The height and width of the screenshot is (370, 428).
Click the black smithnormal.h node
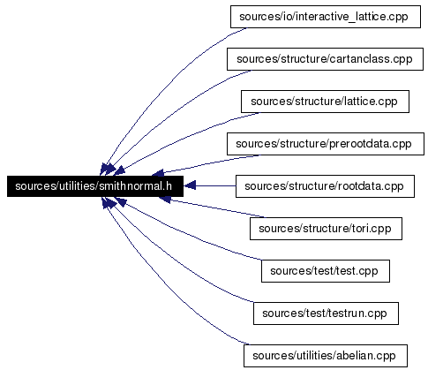[x=95, y=186]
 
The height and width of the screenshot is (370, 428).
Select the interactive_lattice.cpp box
[x=326, y=17]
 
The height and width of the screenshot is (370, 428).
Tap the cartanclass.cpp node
[x=325, y=59]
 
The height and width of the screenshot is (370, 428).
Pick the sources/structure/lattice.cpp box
[x=325, y=102]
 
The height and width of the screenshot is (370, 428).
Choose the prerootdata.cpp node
[x=326, y=144]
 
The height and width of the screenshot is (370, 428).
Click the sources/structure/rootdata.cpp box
[x=325, y=186]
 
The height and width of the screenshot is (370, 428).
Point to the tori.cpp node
[x=326, y=229]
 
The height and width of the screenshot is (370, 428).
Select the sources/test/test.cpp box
[x=326, y=271]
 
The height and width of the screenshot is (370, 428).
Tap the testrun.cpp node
[x=326, y=313]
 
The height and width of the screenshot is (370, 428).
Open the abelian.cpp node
[x=326, y=356]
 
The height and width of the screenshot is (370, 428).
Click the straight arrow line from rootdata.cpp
[x=209, y=185]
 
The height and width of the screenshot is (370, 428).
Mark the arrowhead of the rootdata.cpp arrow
[x=190, y=185]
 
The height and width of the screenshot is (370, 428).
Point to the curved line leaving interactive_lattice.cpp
[x=165, y=86]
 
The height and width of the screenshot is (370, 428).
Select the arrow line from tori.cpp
[x=211, y=208]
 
